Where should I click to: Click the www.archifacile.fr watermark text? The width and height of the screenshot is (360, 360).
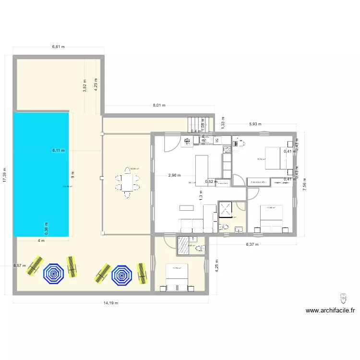(331, 311)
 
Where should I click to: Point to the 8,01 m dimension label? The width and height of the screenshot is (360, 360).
(159, 106)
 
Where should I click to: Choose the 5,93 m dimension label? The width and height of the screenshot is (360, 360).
(255, 124)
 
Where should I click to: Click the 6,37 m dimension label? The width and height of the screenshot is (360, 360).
(252, 244)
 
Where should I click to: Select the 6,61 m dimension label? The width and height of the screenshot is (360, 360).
(58, 47)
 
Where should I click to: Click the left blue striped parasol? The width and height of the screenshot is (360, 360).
(54, 274)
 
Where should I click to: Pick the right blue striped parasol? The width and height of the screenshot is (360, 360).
(121, 275)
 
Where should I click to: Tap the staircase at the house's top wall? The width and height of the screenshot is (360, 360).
(199, 123)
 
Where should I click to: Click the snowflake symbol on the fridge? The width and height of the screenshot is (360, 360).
(187, 141)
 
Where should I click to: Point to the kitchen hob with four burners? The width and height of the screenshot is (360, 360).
(227, 149)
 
